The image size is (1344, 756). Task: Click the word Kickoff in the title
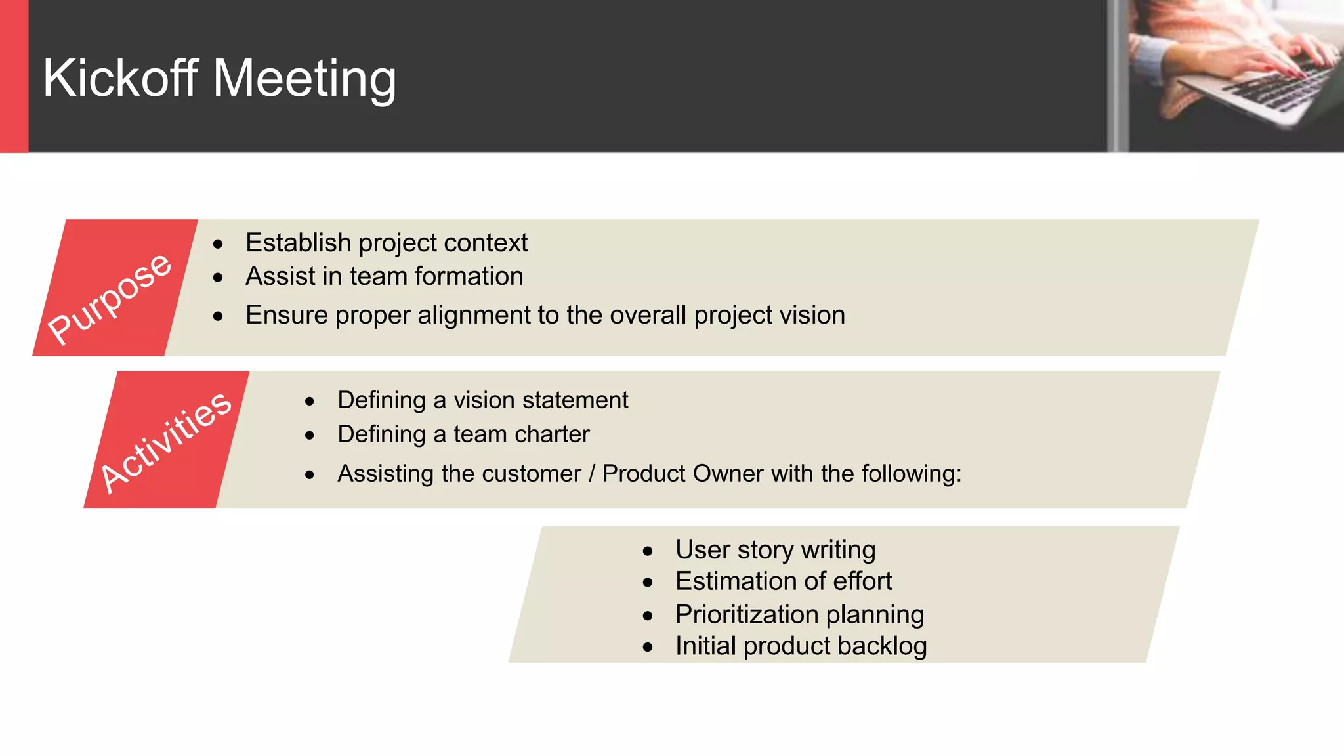pyautogui.click(x=120, y=78)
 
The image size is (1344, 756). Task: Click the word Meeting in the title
pyautogui.click(x=304, y=79)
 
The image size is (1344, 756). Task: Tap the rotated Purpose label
pyautogui.click(x=110, y=298)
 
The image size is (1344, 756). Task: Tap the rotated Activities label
pyautogui.click(x=165, y=441)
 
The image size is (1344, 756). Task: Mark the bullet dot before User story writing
pyautogui.click(x=648, y=551)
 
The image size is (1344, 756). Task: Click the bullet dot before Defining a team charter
pyautogui.click(x=310, y=436)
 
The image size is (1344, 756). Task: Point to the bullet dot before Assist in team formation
pyautogui.click(x=219, y=278)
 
